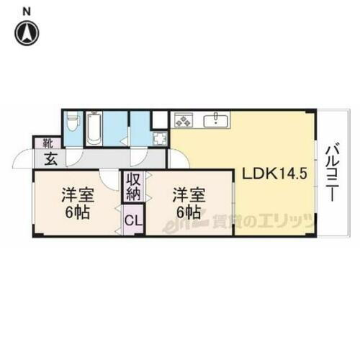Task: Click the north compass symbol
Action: pyautogui.click(x=28, y=32)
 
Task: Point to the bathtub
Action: pyautogui.click(x=95, y=130)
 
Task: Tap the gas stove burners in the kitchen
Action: pyautogui.click(x=184, y=120)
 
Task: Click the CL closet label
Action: pyautogui.click(x=134, y=218)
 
